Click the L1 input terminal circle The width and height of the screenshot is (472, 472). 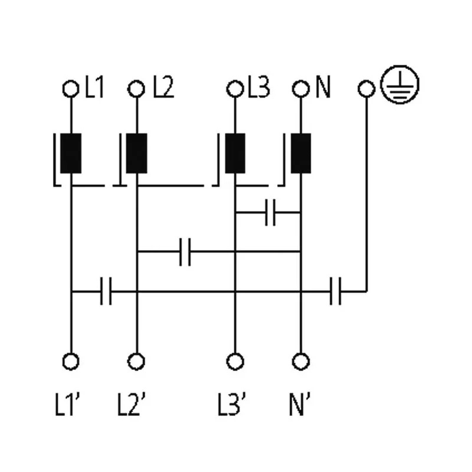pos(71,89)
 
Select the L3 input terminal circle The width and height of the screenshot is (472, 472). pos(235,89)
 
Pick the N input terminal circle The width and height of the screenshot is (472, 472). pos(301,89)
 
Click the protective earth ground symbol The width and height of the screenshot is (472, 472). pos(400,84)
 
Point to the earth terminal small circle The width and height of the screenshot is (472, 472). pos(366,89)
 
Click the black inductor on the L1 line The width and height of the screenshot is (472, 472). pos(71,153)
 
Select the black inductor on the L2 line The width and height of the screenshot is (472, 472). pos(136,153)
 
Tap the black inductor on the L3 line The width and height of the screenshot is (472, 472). pos(235,153)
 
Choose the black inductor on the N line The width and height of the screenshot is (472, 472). pos(301,153)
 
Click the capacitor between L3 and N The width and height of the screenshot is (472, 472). pos(270,212)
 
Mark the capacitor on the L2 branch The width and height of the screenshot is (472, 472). pos(185,252)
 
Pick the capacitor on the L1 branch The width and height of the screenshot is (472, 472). pos(106,291)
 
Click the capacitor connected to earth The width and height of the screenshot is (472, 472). pos(335,291)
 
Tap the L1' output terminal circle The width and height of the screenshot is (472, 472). pos(71,361)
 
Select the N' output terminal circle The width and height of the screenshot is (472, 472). pos(301,361)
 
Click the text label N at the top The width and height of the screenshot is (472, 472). pos(323,87)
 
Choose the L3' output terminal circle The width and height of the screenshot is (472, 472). pos(235,361)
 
